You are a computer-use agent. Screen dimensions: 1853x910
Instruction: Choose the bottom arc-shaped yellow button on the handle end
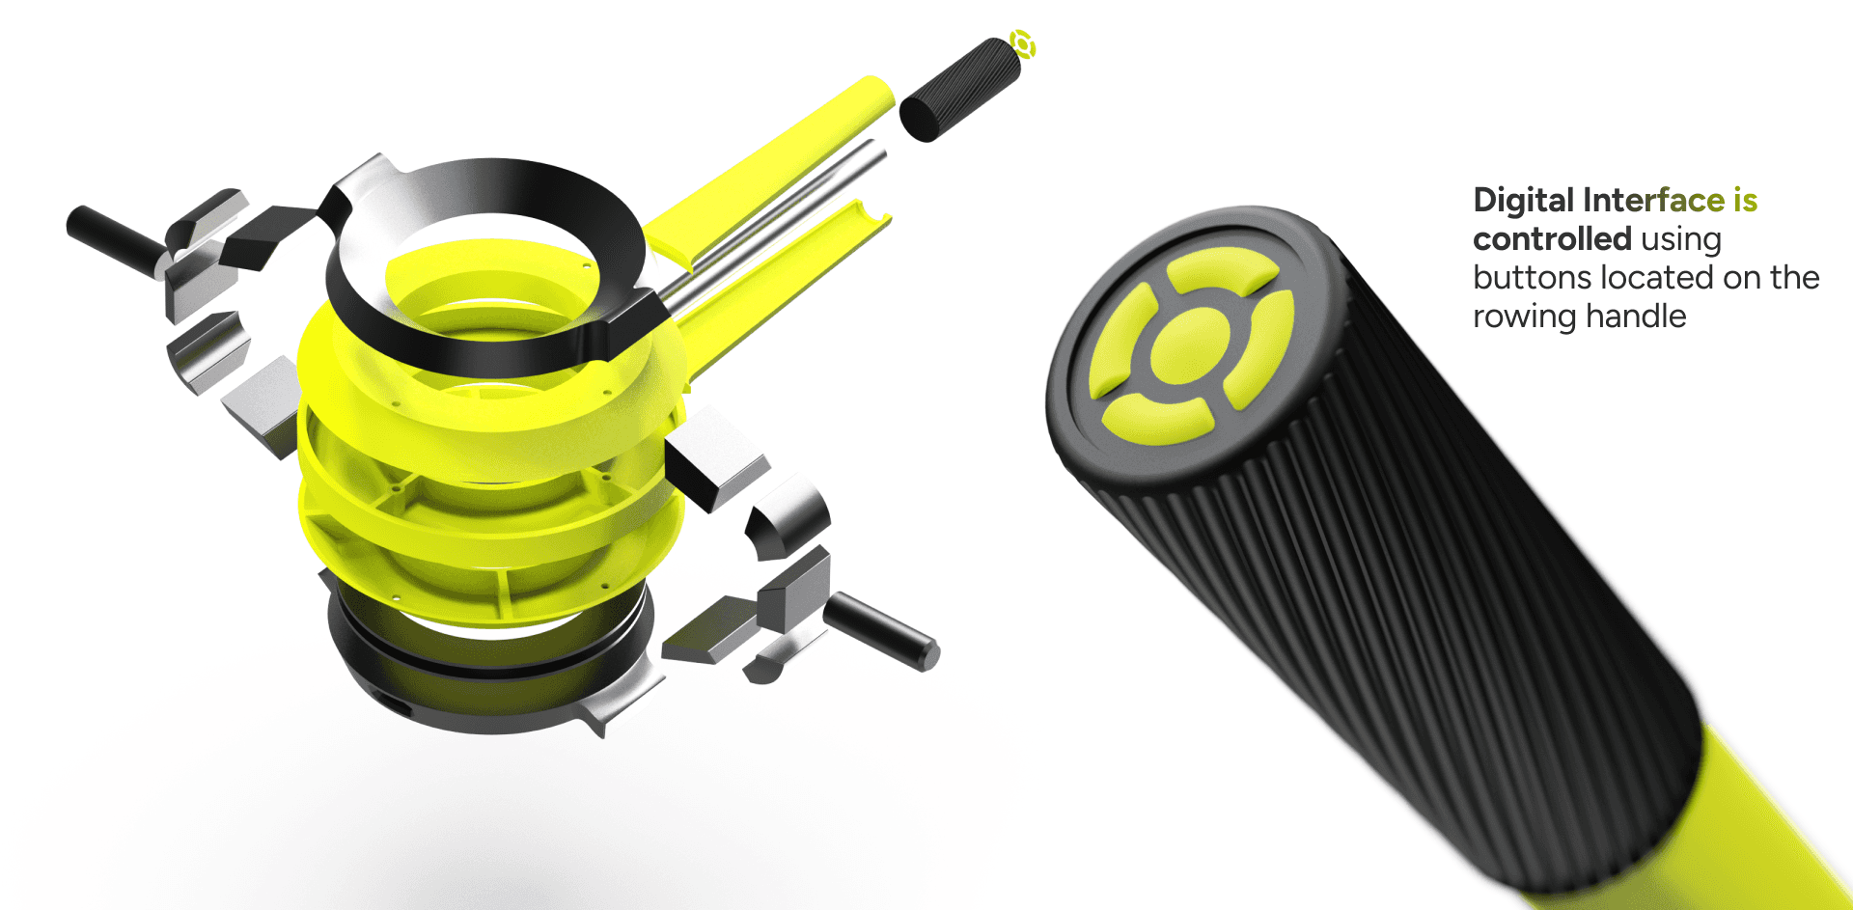pos(1157,421)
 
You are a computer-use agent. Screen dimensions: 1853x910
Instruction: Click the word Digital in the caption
pos(1524,201)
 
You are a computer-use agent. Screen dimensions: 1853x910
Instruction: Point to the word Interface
pos(1654,200)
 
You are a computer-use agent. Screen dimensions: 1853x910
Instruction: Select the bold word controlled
pos(1552,238)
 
